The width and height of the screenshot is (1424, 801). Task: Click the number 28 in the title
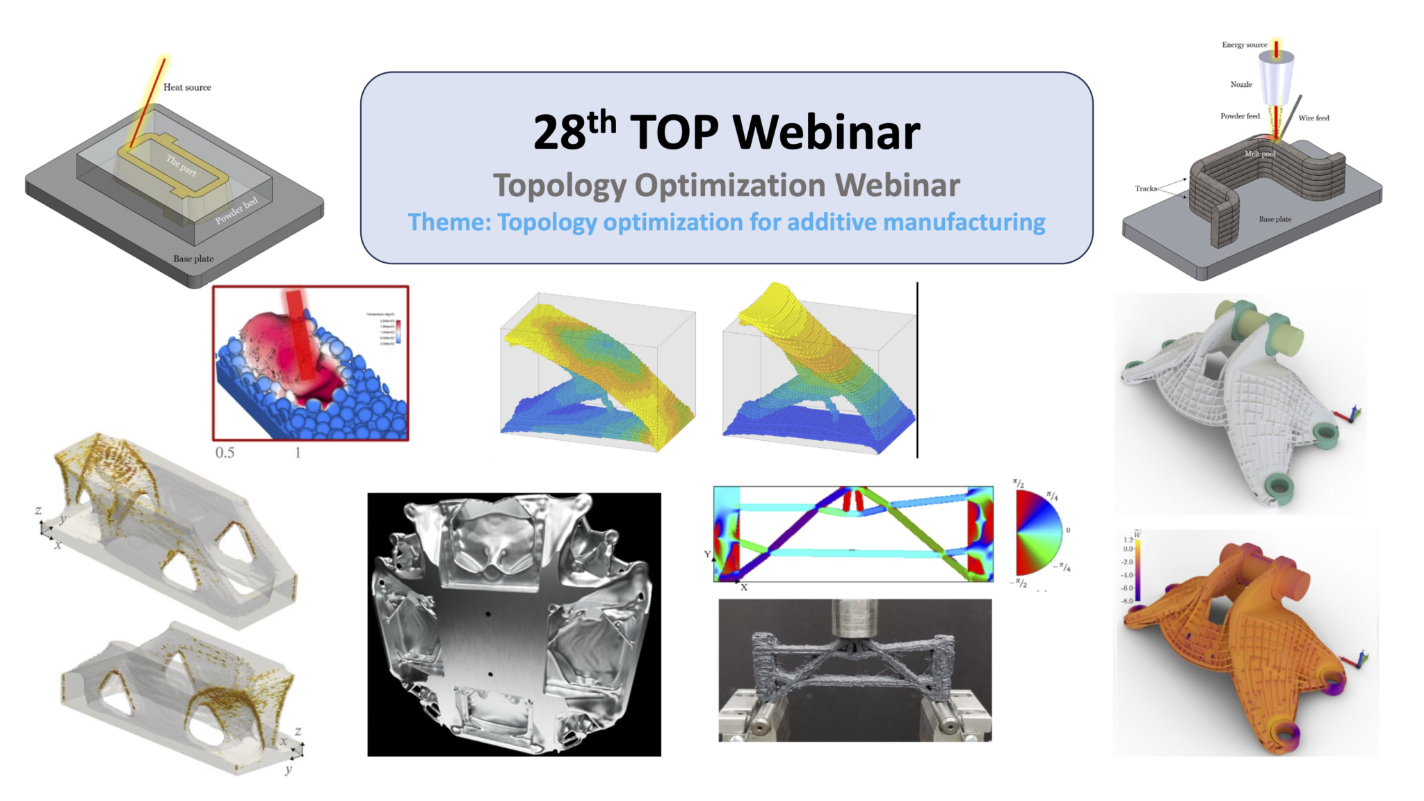pos(559,132)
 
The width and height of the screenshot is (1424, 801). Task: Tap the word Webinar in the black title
pos(827,132)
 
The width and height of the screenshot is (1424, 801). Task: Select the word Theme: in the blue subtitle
pos(449,222)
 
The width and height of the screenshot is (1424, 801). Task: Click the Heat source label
pos(187,88)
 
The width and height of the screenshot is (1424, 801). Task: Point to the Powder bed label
pos(236,210)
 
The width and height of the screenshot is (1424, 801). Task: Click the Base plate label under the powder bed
pos(193,259)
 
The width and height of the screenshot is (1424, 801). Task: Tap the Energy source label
pos(1244,45)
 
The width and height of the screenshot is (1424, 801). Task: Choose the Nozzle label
pos(1241,85)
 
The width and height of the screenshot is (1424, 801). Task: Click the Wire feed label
pos(1313,118)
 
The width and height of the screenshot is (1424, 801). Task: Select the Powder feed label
pos(1240,116)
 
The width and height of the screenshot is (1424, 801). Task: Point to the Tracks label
pos(1145,188)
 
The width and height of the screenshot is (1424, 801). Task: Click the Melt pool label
pos(1259,154)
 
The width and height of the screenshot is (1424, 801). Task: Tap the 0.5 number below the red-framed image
pos(225,453)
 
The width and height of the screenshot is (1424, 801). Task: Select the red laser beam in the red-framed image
pos(300,334)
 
